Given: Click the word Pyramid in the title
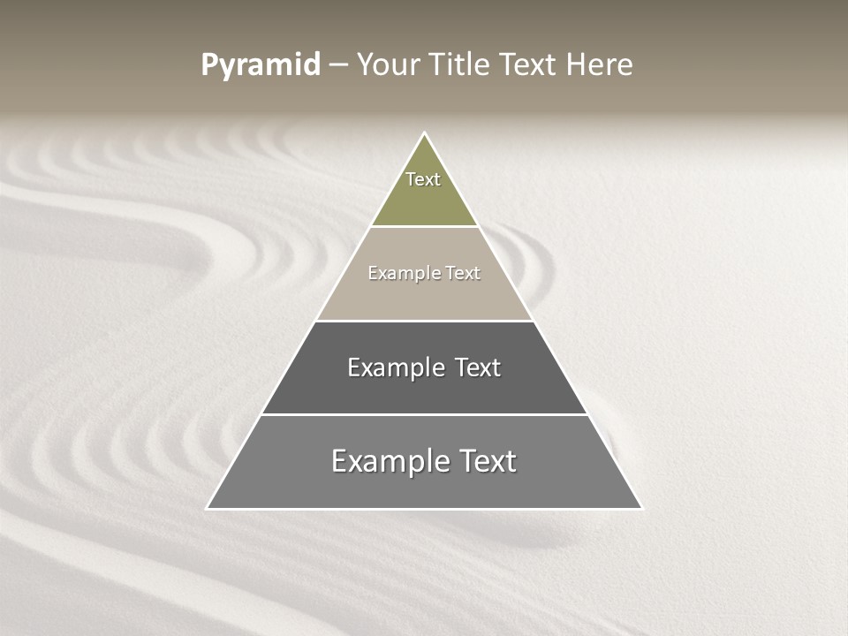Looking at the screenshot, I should point(261,65).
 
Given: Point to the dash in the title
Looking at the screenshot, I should point(338,65).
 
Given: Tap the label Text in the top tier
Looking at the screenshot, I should point(423,179).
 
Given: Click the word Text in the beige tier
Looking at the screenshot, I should point(463,273).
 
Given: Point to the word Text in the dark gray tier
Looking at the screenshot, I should point(478,367).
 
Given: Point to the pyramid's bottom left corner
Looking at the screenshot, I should point(208,508).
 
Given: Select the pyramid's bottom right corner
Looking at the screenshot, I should point(641,508).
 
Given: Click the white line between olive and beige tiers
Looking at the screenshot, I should point(424,227).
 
